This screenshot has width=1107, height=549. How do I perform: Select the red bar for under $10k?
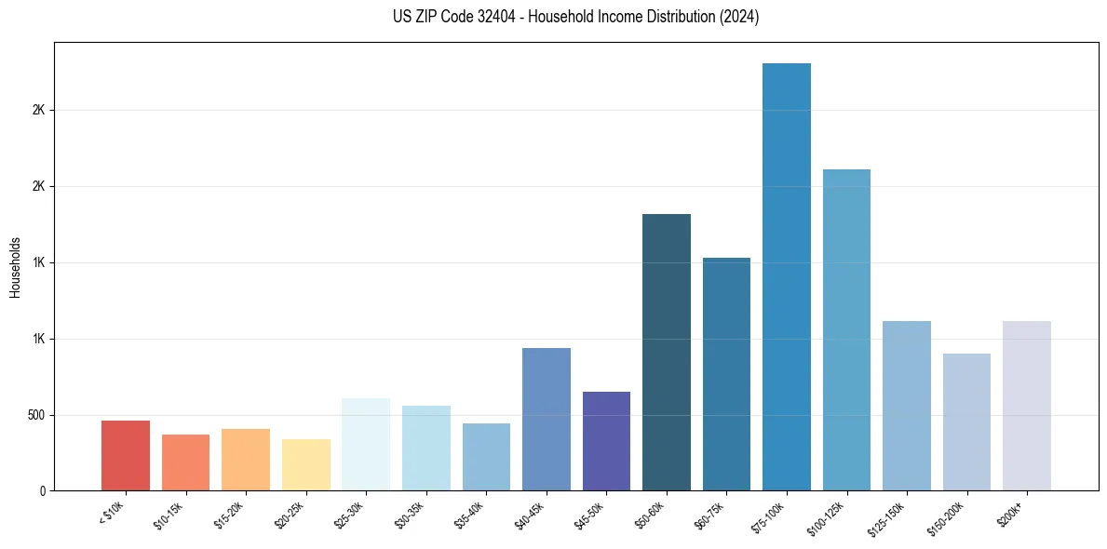[x=126, y=455]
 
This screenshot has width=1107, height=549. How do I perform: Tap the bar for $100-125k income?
[x=846, y=329]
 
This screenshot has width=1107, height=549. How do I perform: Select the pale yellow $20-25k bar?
[x=306, y=464]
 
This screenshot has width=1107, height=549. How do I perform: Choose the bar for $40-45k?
[x=547, y=419]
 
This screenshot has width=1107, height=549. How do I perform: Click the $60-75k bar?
[x=726, y=373]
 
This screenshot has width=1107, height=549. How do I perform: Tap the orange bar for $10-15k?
[x=185, y=462]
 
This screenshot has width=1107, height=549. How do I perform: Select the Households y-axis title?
[x=15, y=267]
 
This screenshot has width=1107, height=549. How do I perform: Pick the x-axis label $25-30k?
[x=350, y=513]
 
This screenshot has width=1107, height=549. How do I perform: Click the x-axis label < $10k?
[x=112, y=511]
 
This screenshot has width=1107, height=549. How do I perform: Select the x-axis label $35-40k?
[x=470, y=513]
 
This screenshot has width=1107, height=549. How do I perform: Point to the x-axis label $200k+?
[x=1013, y=511]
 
